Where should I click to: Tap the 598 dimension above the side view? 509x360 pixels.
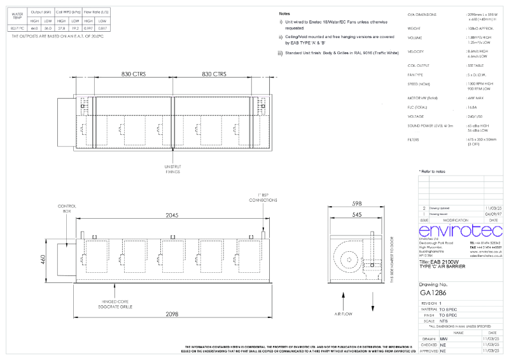coord(356,204)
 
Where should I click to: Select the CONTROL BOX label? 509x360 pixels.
coord(67,209)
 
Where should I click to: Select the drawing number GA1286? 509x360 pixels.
coord(433,293)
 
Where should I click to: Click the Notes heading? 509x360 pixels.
coord(285,13)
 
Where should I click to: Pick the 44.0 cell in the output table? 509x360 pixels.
coord(34,28)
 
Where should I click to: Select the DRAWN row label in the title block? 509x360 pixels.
coord(428,339)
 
